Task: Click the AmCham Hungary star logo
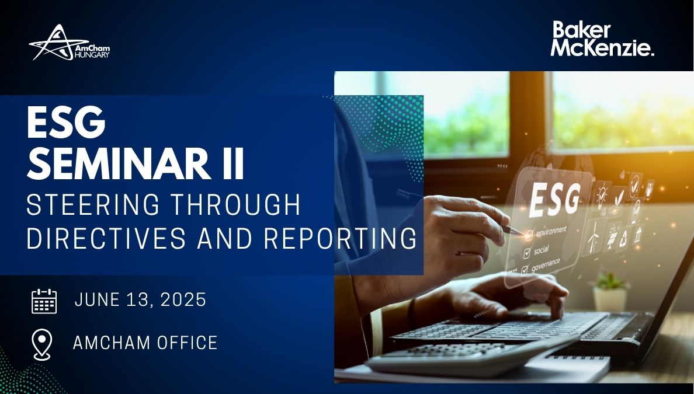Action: (69, 43)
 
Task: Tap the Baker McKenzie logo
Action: (602, 39)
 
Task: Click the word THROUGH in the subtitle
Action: (235, 205)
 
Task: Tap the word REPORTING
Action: (340, 238)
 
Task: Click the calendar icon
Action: (44, 301)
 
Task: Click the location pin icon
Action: (42, 344)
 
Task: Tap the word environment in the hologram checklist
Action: (551, 231)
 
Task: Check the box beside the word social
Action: (527, 253)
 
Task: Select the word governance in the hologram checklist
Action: (545, 264)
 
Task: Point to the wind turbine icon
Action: (594, 237)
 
